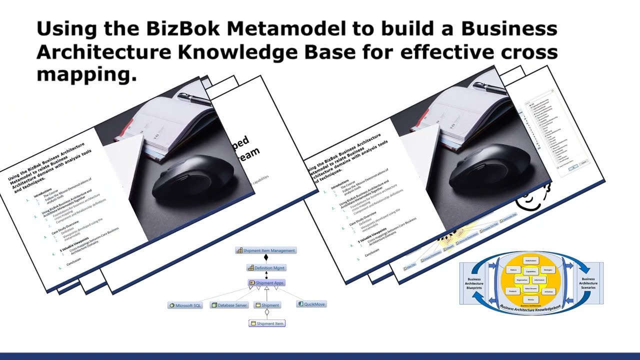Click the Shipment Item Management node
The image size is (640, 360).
pos(266,250)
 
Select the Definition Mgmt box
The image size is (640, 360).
pos(266,268)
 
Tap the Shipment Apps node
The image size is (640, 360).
pos(266,283)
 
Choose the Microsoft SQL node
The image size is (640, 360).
pos(185,305)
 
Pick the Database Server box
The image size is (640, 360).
pos(229,305)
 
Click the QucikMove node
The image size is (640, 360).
pos(311,304)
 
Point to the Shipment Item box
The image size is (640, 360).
pos(266,323)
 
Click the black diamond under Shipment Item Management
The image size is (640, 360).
pos(266,258)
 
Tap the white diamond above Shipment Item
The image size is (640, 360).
pos(267,312)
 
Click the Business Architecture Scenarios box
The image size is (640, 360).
pos(588,283)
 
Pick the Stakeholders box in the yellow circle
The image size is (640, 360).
pos(531,260)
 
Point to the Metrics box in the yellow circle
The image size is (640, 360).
pos(530,299)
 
